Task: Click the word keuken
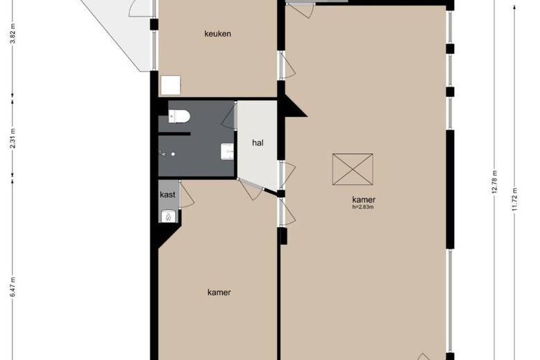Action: pos(217,34)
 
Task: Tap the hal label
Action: pos(258,143)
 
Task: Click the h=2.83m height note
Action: pos(362,206)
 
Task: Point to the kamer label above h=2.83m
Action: pos(363,199)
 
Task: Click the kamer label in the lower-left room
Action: pos(219,292)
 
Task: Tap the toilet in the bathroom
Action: pos(179,116)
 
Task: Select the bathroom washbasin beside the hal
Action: pos(226,151)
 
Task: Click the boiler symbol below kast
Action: pos(168,217)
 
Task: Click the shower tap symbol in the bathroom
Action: pos(163,154)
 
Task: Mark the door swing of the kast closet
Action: pos(187,197)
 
